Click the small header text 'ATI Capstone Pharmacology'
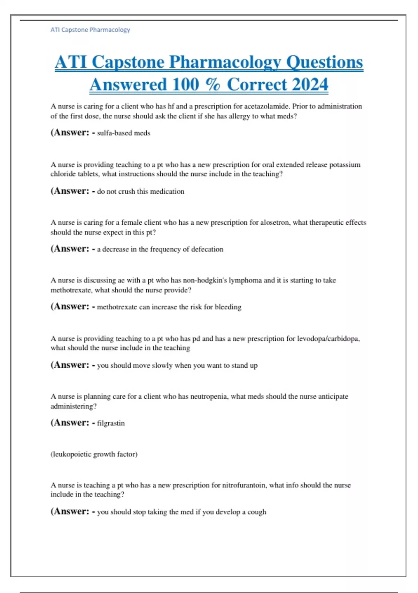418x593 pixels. click(90, 30)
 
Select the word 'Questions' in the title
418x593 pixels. click(324, 62)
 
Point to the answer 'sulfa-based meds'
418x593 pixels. click(124, 133)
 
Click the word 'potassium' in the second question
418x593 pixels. click(345, 165)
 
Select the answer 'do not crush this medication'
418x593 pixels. click(141, 192)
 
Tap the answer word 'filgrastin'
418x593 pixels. click(111, 423)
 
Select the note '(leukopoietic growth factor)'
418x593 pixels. click(94, 454)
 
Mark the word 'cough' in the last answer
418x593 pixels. click(257, 512)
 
